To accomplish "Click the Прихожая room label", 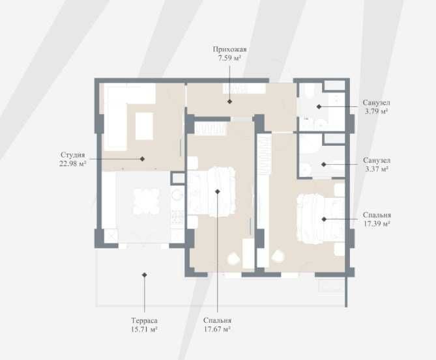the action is (229, 49).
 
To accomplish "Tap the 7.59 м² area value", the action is (229, 59).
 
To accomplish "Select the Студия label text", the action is (72, 155).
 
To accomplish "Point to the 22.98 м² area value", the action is (72, 163).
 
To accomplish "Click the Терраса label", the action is (144, 320).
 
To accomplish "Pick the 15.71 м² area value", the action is (144, 329).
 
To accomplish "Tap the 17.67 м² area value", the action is (217, 329).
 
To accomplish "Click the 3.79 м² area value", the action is (376, 111).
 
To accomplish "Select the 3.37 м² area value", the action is (377, 169).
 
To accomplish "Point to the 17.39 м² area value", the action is (377, 223).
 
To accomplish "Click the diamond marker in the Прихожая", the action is (229, 102).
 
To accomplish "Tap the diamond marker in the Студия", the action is (142, 159).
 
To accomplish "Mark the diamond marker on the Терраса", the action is (144, 275).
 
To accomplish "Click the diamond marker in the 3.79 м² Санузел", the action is (319, 107).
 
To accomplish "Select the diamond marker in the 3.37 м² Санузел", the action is (324, 165).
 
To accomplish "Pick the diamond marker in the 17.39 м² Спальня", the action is (324, 219).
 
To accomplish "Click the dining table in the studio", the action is (146, 201).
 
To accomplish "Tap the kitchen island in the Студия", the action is (144, 126).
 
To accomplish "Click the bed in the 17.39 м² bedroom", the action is (321, 219).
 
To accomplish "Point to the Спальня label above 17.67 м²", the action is (217, 320).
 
